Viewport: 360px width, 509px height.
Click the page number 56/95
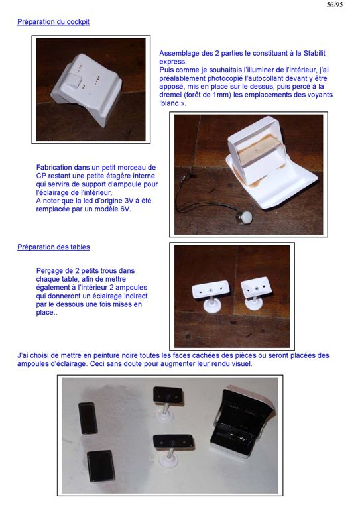(x=335, y=5)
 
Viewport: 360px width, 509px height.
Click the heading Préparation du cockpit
(x=53, y=22)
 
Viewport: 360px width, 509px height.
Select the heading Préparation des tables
(x=54, y=247)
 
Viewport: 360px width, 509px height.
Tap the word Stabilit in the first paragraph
(x=314, y=53)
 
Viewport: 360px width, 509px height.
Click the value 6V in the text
(x=125, y=209)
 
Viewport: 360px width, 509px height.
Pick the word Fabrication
(x=54, y=168)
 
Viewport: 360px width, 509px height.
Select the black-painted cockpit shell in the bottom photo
(x=240, y=422)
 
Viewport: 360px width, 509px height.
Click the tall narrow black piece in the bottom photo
(x=88, y=418)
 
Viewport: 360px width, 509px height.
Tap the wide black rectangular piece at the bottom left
(x=101, y=466)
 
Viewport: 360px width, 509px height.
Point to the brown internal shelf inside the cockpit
(x=257, y=154)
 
